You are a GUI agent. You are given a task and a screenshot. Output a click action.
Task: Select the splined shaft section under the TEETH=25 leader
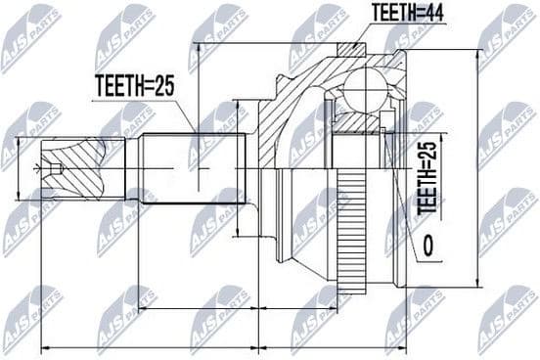[196, 168]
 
